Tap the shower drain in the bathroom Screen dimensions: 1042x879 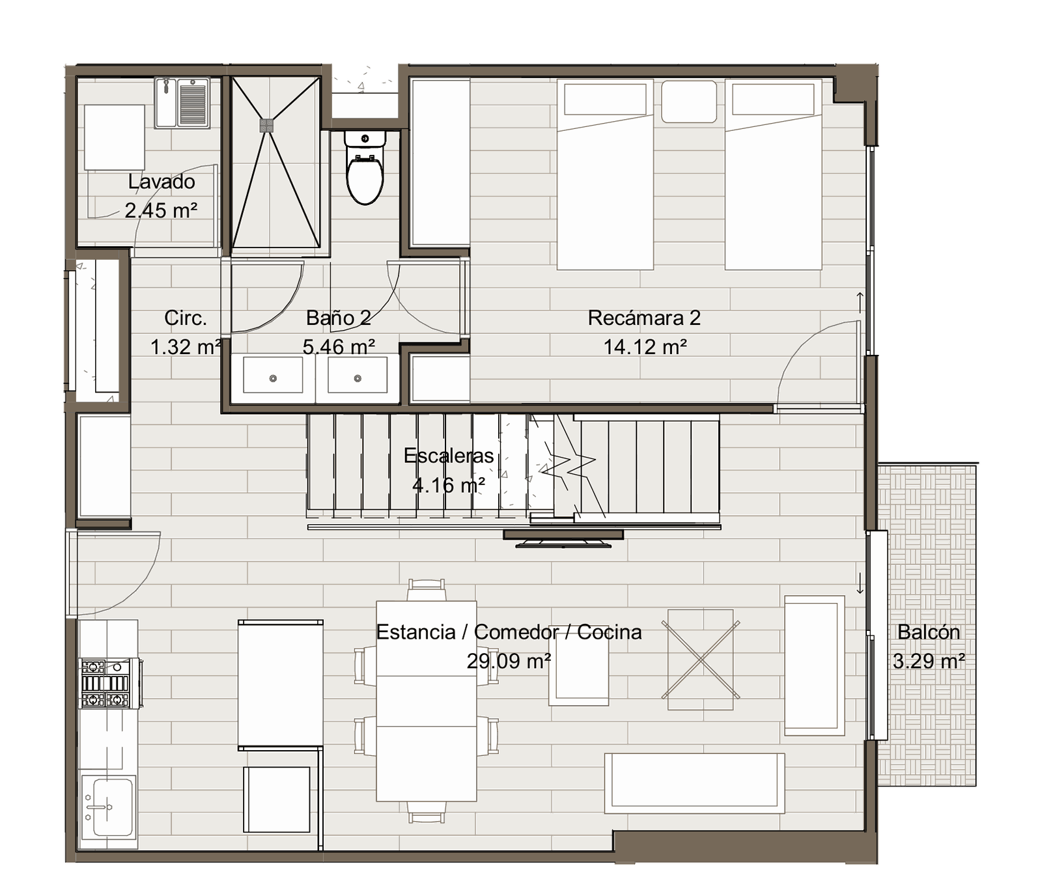click(266, 125)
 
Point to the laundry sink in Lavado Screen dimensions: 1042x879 click(182, 103)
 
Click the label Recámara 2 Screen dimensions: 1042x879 click(644, 318)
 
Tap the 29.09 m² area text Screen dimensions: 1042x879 click(509, 661)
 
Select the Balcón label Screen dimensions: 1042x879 click(929, 632)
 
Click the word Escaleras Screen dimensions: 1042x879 click(449, 455)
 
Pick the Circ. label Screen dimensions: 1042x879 click(186, 318)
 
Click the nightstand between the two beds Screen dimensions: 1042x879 click(689, 101)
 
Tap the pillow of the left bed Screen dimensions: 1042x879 click(605, 100)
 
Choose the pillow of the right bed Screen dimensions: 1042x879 click(773, 100)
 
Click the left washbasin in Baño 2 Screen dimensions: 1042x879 click(273, 374)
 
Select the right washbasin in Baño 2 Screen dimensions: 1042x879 click(358, 374)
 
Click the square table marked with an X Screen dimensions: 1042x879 click(701, 660)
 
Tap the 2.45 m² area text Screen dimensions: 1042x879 click(161, 210)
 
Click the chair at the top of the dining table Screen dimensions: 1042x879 click(427, 590)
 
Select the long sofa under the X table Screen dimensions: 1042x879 click(695, 783)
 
